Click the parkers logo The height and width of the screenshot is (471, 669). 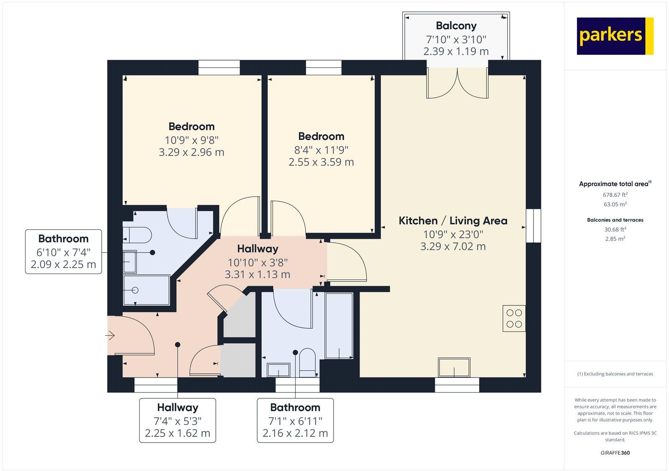click(615, 36)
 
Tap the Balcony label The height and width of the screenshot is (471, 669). click(456, 26)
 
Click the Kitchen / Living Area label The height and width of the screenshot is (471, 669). click(453, 220)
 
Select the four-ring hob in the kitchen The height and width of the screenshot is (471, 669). click(514, 318)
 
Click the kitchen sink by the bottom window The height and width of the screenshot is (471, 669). click(454, 367)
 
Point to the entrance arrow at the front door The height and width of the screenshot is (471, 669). click(111, 335)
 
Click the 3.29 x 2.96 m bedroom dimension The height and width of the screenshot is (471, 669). click(192, 152)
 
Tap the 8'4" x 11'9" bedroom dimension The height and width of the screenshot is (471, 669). click(321, 149)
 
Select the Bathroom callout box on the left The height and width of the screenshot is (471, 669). click(64, 251)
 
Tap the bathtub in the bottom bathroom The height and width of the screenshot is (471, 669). click(339, 326)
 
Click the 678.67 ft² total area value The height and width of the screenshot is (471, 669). click(615, 195)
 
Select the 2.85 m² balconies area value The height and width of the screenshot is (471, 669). click(615, 239)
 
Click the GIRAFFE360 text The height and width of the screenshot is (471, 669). click(615, 453)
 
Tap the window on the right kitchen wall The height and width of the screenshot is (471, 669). click(533, 225)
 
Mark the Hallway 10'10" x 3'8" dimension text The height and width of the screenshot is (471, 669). click(258, 263)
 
